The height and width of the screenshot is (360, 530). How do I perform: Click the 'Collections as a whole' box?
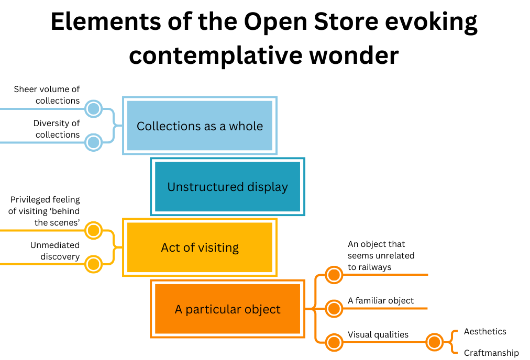[200, 126]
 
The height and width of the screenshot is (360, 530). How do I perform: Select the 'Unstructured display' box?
[227, 187]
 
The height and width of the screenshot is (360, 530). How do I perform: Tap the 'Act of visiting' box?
[200, 248]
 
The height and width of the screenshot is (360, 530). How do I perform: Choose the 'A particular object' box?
[227, 309]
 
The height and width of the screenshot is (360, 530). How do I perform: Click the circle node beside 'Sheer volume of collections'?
[93, 109]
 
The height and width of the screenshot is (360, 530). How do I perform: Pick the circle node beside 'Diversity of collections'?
[93, 142]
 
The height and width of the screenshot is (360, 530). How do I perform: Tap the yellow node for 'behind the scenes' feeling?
[93, 230]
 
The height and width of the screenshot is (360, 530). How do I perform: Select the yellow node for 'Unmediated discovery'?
[93, 264]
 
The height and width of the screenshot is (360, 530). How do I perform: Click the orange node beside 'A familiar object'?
[334, 308]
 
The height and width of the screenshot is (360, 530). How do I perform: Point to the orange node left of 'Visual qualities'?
[334, 343]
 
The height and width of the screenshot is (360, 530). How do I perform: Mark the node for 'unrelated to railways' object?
[334, 274]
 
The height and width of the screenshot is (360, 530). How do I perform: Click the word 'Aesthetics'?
[485, 332]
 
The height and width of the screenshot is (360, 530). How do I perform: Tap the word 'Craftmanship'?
[491, 353]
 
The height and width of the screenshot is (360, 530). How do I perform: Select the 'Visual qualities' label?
[378, 335]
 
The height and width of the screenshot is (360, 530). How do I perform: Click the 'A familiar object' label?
[381, 300]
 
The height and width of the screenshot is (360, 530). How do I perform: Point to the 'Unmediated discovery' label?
[55, 251]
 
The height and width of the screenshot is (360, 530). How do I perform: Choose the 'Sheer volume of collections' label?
[47, 95]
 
